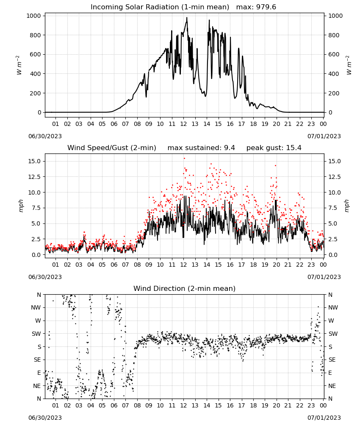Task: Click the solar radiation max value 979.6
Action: (266, 7)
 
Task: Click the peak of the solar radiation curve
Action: (187, 17)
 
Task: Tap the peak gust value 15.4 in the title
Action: (294, 148)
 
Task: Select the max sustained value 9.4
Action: (229, 148)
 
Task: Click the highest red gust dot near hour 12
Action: (184, 158)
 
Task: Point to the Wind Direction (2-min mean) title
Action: (185, 288)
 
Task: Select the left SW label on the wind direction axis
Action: (36, 334)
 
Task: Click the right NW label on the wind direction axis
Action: (333, 307)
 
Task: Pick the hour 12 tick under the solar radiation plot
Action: (183, 124)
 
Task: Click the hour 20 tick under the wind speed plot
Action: (276, 265)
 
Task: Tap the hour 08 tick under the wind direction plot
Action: (137, 405)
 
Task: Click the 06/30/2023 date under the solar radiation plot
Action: (45, 136)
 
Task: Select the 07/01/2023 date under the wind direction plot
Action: (324, 418)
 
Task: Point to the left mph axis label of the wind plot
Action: (21, 206)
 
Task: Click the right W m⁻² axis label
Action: (349, 65)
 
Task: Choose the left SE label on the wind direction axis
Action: (37, 360)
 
